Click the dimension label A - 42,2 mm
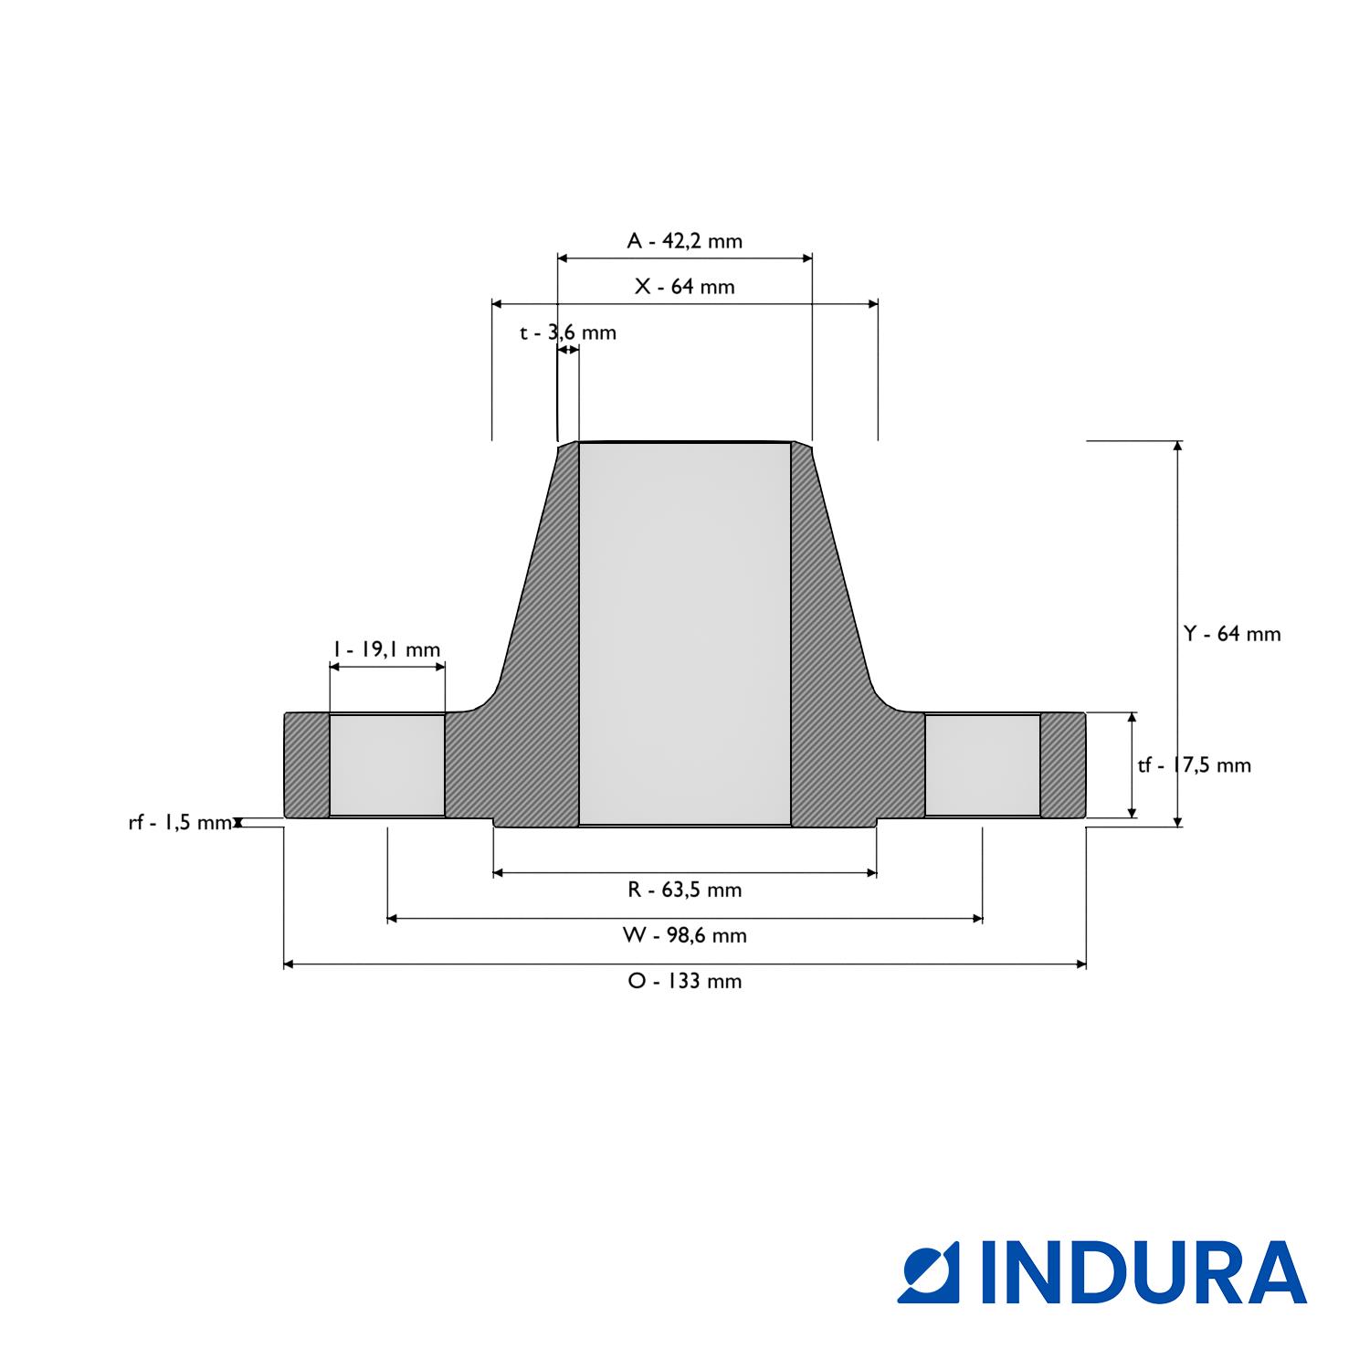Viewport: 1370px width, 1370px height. (684, 241)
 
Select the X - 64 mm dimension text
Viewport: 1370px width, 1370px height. (684, 287)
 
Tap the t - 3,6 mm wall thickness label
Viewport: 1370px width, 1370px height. (568, 332)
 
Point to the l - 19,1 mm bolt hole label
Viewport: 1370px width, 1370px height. (386, 649)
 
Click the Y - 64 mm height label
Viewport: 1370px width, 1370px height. (1231, 634)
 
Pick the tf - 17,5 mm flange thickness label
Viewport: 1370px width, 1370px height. (1194, 765)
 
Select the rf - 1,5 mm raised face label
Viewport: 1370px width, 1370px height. (179, 823)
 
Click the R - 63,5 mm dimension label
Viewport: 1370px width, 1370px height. (684, 890)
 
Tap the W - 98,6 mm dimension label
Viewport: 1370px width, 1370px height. (684, 935)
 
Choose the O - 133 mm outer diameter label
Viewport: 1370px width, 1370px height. (684, 981)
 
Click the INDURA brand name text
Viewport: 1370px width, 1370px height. (1143, 1272)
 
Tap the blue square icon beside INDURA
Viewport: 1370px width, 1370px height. (929, 1272)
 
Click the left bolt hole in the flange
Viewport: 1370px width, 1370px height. (386, 765)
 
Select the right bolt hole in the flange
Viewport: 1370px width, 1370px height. (982, 765)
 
